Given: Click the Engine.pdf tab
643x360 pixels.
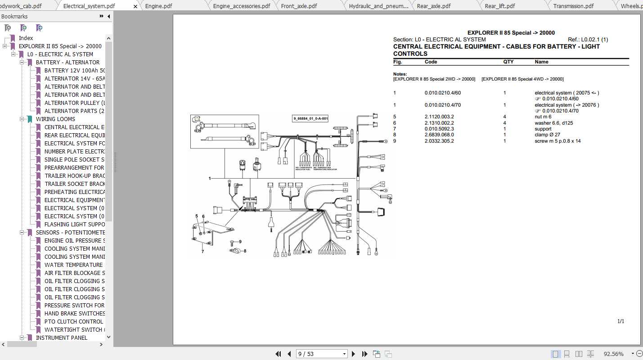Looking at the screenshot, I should [158, 6].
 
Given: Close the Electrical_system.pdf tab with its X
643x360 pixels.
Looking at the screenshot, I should [136, 6].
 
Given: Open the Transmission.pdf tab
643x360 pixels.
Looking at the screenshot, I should [573, 6].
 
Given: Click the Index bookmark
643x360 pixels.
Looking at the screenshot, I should [26, 38].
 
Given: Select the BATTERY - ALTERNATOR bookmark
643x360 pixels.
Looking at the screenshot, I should [67, 63].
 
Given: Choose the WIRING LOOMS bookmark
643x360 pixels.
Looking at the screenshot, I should [55, 119].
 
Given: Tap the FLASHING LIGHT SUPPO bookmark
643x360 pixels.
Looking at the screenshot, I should [74, 225].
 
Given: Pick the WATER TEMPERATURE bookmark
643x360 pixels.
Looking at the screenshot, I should [73, 265].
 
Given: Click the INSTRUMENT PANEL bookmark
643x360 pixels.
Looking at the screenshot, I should [62, 338].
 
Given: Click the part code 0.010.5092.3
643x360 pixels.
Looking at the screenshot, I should [439, 129].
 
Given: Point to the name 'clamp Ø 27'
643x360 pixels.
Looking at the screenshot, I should [547, 135].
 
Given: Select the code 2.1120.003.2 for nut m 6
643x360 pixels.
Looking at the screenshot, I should [439, 117].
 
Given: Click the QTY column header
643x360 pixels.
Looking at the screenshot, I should [508, 62].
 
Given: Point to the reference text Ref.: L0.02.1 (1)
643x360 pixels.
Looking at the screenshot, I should [588, 40].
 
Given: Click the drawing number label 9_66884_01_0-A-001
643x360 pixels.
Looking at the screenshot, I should [310, 119].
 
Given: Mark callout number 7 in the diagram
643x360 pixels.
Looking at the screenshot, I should [202, 252].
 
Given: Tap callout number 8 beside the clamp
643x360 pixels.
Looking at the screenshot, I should [245, 251].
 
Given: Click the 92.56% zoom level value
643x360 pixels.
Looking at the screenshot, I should [613, 354].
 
